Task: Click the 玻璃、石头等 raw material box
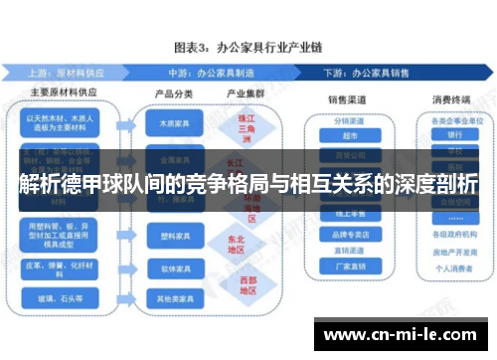click(64, 297)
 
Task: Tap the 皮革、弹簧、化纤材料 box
click(64, 267)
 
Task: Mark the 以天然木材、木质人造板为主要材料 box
click(64, 122)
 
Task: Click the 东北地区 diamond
click(236, 245)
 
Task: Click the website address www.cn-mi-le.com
click(402, 334)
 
